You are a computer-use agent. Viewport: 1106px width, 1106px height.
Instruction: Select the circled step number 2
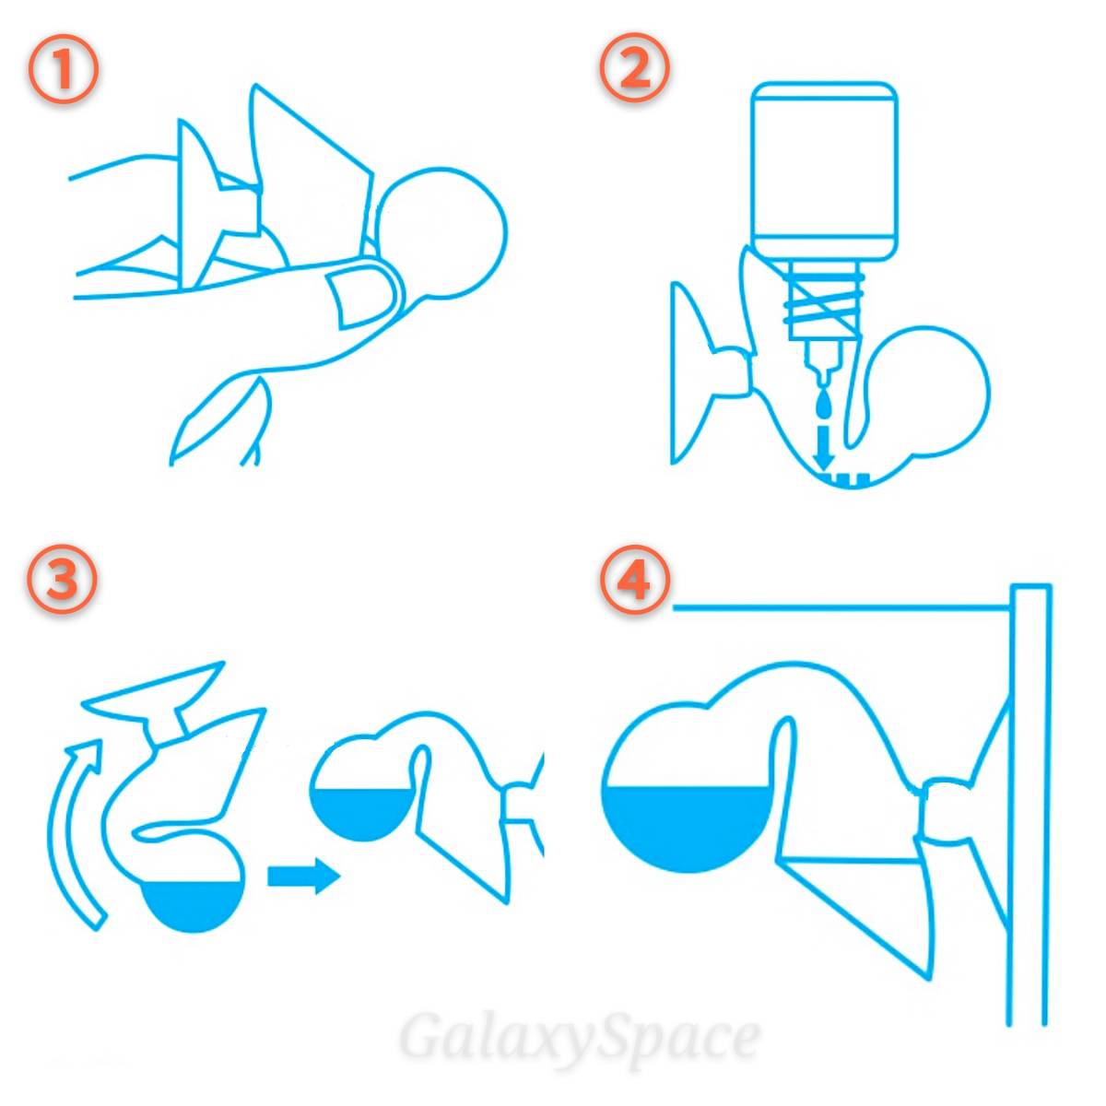[635, 69]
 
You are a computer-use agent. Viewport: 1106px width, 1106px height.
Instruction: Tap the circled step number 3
[61, 581]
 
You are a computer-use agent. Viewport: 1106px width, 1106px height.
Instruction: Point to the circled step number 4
[635, 581]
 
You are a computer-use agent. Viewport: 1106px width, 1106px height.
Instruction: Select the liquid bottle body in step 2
[824, 171]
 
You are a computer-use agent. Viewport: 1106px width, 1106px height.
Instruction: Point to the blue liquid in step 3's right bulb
[360, 815]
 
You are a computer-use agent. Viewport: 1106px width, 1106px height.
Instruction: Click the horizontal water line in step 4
[841, 607]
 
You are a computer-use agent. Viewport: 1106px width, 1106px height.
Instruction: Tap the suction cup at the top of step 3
[155, 699]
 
